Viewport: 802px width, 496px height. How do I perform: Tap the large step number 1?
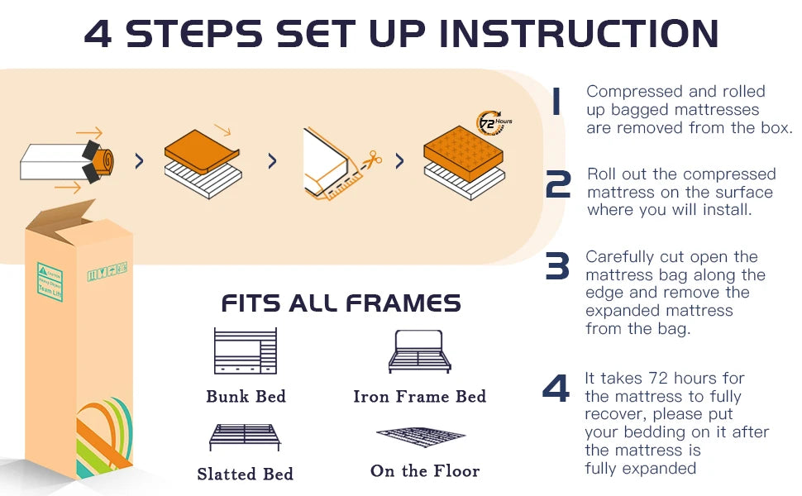[556, 103]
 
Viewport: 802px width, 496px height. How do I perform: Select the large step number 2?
[558, 185]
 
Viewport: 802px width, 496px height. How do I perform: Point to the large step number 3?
[557, 266]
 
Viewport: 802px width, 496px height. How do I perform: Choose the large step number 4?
[556, 389]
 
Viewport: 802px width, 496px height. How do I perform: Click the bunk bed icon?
[246, 351]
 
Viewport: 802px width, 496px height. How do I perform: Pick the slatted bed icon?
[245, 436]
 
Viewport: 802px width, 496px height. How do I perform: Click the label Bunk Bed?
[246, 397]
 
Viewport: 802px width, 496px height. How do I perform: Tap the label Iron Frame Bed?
[419, 397]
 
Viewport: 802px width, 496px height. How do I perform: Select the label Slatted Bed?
[245, 475]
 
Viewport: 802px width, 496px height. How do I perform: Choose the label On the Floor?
[424, 471]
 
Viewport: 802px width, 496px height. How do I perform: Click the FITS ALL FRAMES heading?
[341, 303]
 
